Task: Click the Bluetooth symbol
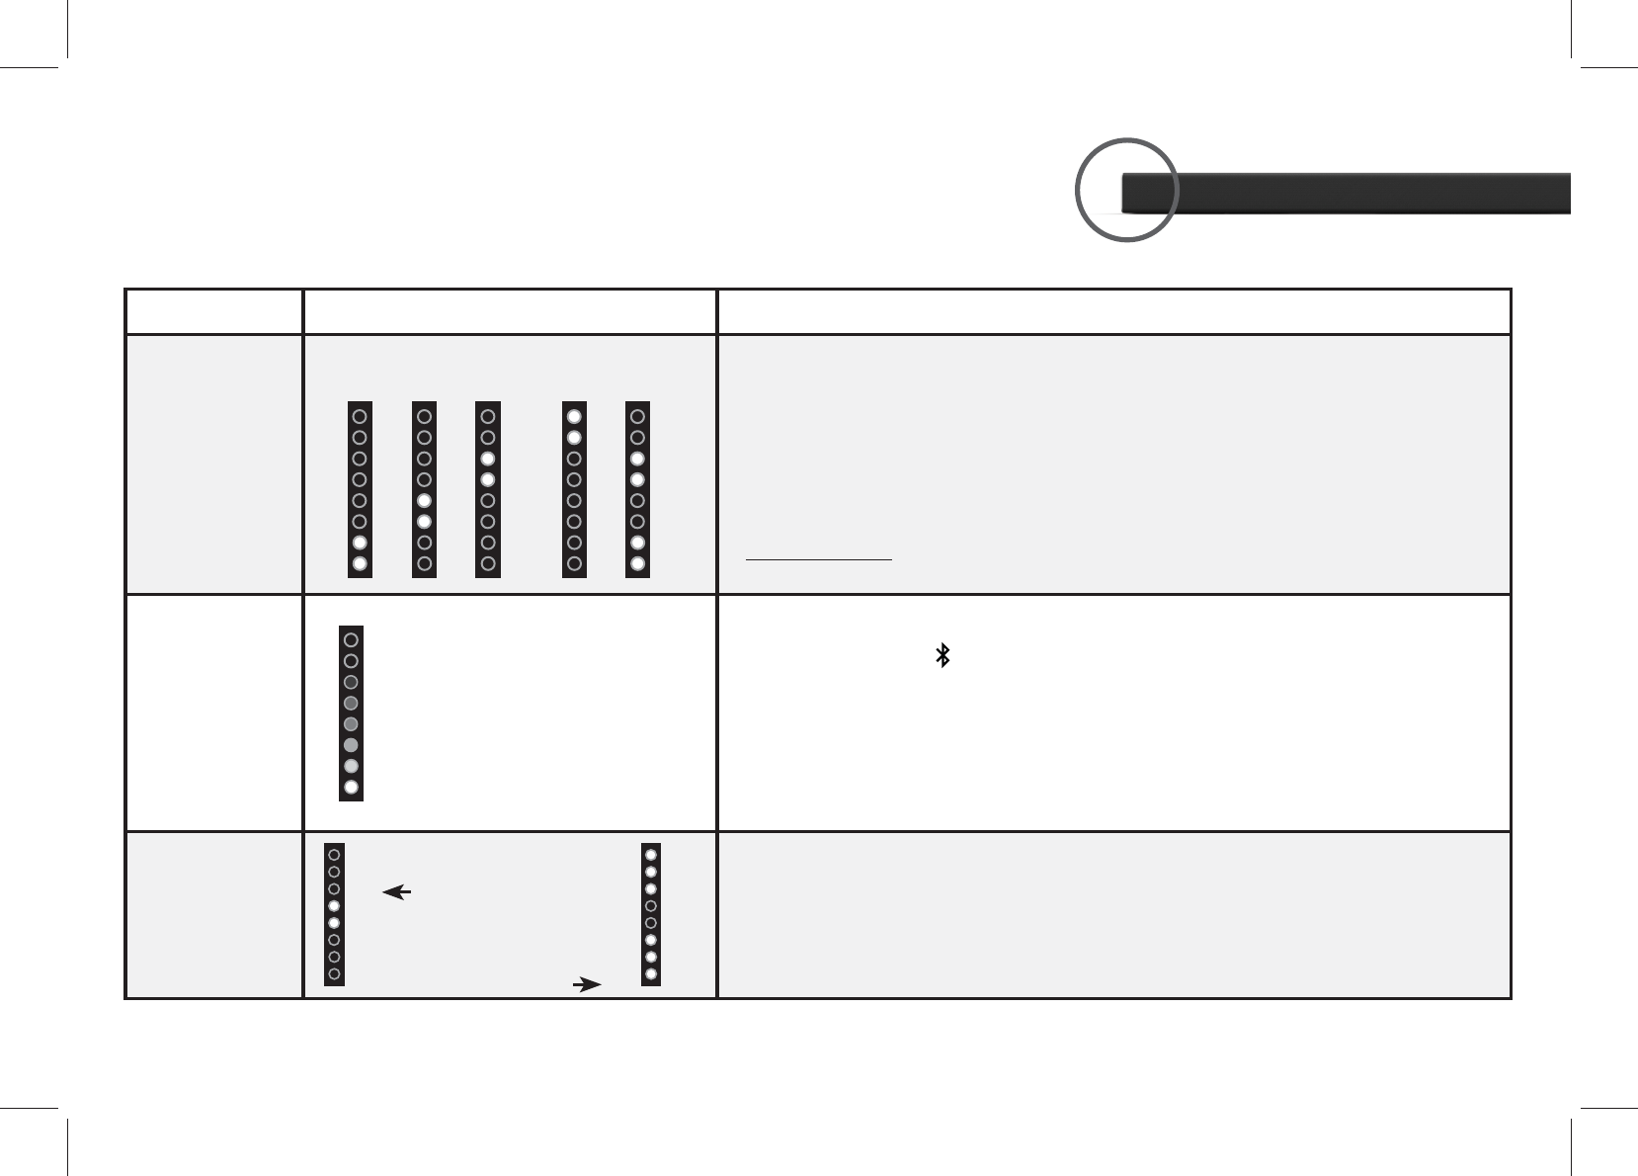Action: tap(942, 655)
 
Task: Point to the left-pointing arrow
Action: tap(397, 892)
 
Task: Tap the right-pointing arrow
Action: tap(587, 984)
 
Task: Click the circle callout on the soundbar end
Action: tap(1127, 191)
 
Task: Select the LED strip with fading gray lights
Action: tap(351, 713)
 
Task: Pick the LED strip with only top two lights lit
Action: tap(574, 489)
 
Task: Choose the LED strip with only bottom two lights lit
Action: tap(360, 489)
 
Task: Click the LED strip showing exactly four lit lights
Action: tap(638, 489)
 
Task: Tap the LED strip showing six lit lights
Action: tap(650, 913)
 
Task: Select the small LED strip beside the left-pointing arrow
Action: tap(334, 913)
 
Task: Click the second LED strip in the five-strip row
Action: tap(424, 489)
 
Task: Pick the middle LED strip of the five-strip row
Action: tap(488, 489)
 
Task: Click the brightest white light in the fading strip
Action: tap(351, 788)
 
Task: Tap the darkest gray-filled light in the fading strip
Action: tap(351, 682)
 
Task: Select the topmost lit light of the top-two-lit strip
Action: tap(574, 417)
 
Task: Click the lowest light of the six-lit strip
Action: tap(650, 974)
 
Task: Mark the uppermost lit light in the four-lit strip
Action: tap(638, 459)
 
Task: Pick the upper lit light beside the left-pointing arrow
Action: tap(334, 905)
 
